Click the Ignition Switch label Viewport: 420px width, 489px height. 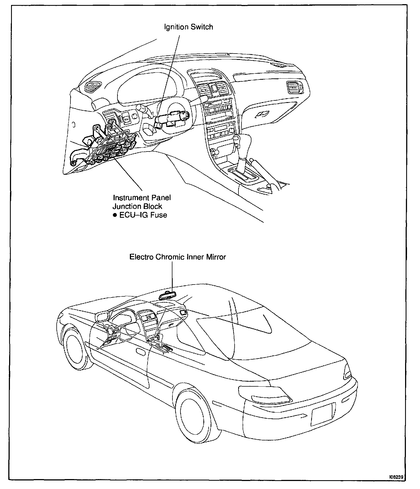(x=188, y=27)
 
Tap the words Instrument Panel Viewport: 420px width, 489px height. (x=142, y=198)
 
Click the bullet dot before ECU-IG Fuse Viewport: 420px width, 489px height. (x=115, y=215)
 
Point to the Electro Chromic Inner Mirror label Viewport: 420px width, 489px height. (x=178, y=257)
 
